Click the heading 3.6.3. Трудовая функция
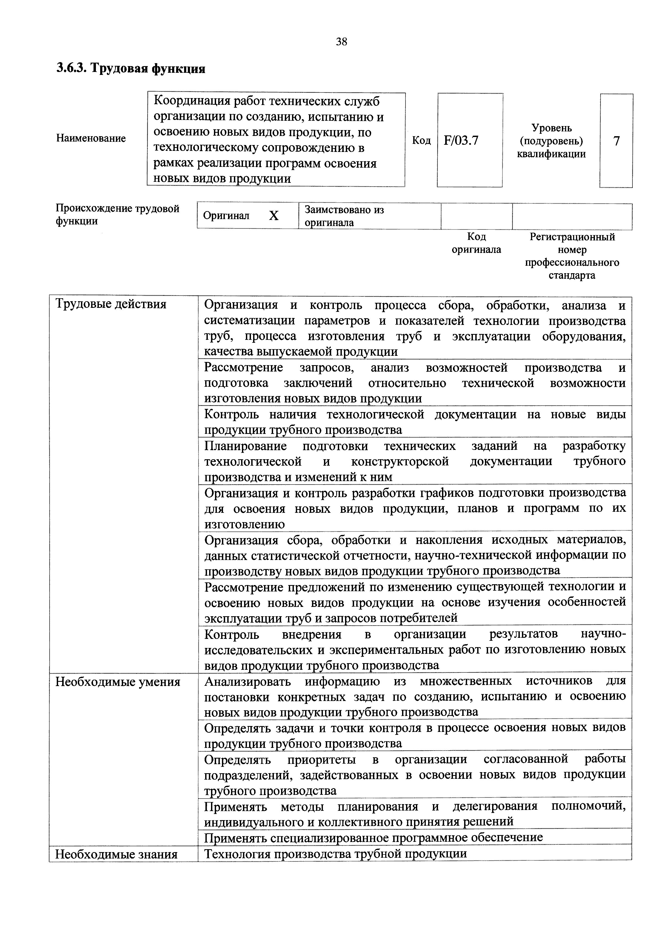coord(131,68)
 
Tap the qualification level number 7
coord(616,141)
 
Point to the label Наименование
coord(91,138)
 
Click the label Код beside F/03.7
coord(421,140)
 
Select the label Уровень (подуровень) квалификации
coord(551,141)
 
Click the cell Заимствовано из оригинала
coord(344,216)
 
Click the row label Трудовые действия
coord(111,304)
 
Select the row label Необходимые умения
coord(118,682)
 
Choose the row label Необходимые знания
coord(116,854)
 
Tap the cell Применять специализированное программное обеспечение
coord(373,837)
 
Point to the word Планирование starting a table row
coord(245,446)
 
